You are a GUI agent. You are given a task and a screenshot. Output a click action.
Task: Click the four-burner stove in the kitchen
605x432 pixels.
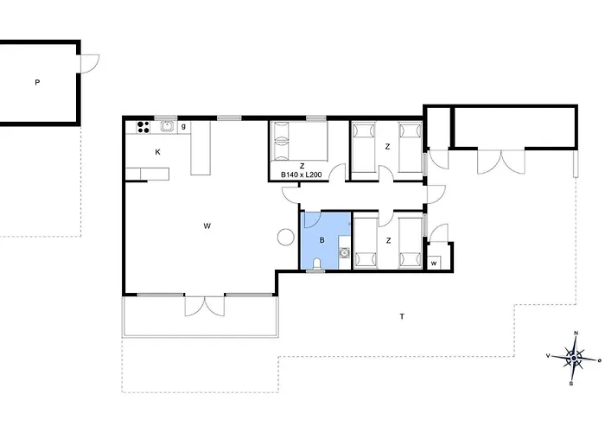(143, 127)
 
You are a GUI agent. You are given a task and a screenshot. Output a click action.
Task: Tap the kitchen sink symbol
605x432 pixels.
(167, 126)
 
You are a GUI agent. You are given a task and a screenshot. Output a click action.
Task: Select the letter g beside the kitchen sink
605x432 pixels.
(183, 126)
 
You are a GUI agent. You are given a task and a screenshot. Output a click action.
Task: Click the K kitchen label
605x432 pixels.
(157, 152)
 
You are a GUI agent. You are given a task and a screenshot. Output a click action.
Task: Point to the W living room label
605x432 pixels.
(207, 226)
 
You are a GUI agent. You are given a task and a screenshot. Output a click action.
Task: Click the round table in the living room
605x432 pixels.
(286, 237)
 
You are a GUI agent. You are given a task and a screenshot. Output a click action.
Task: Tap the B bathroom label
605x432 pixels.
(322, 240)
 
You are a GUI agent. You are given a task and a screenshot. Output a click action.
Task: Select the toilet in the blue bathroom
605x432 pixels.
(317, 264)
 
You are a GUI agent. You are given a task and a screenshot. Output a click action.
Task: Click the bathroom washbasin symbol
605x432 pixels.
(344, 253)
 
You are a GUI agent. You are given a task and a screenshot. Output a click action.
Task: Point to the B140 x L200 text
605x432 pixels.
(302, 175)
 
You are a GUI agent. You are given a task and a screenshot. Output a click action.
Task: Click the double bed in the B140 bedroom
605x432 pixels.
(299, 141)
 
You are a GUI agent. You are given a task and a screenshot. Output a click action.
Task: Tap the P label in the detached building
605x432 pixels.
(37, 82)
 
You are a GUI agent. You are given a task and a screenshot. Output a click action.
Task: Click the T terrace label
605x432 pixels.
(402, 317)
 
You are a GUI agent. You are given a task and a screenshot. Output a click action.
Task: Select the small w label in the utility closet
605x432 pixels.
(434, 264)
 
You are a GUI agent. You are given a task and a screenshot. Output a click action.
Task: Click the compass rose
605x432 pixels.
(575, 359)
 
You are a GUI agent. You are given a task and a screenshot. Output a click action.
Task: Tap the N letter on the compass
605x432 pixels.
(576, 333)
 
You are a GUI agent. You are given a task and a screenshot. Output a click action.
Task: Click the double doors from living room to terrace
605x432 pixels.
(205, 306)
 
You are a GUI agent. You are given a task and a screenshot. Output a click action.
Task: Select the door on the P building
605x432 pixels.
(90, 63)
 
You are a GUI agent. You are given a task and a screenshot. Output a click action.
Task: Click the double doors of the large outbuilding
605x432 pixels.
(501, 161)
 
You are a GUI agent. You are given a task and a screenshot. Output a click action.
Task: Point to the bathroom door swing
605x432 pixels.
(312, 219)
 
